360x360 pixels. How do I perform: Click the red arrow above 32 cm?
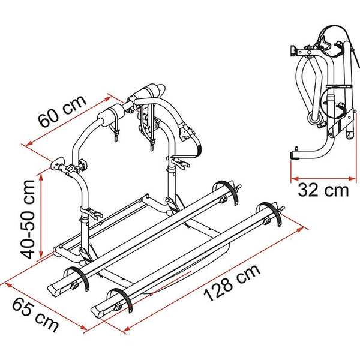(320, 178)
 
